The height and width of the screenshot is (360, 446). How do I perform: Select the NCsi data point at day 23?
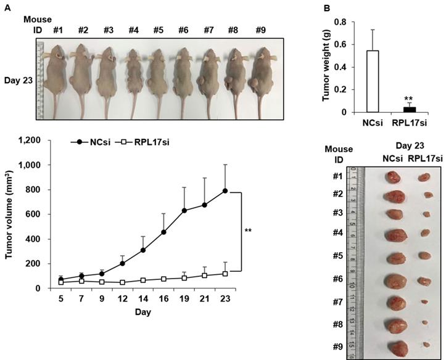[225, 191]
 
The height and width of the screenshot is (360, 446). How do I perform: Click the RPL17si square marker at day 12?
[123, 282]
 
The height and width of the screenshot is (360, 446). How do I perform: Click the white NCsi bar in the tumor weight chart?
[373, 81]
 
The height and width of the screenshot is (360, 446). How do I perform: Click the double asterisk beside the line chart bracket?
[248, 231]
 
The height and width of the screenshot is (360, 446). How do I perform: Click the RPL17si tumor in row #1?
[424, 177]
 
